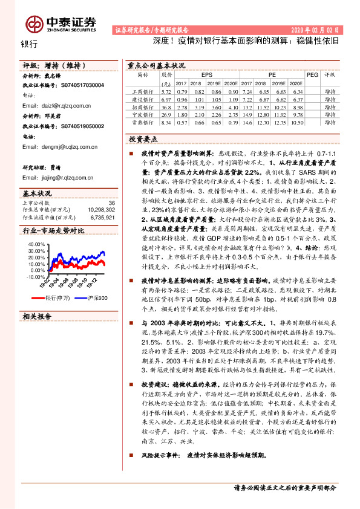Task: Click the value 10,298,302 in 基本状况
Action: click(97, 209)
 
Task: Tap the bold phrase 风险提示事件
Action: click(160, 455)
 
